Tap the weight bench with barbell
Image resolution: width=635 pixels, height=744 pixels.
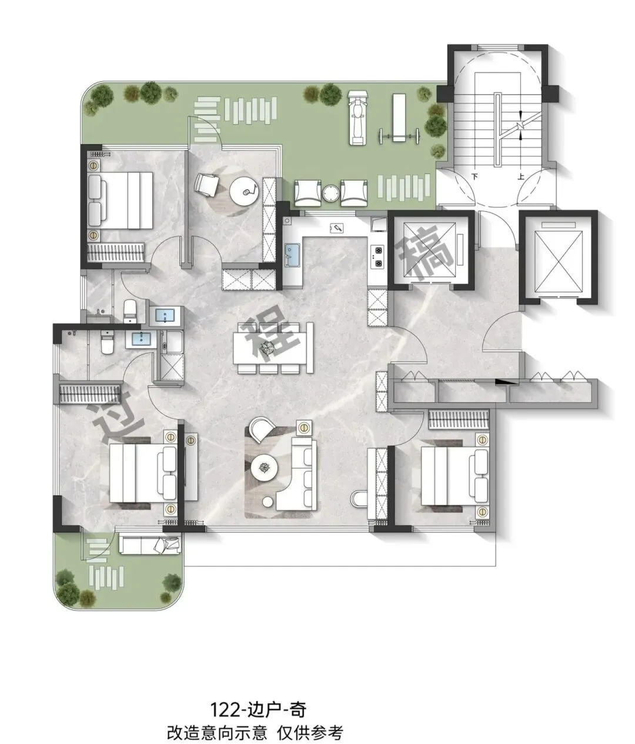pyautogui.click(x=398, y=122)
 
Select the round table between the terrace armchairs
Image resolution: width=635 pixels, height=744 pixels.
pyautogui.click(x=330, y=193)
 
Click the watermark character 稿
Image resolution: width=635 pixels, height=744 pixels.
pyautogui.click(x=426, y=252)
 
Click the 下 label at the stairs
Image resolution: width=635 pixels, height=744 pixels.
pyautogui.click(x=475, y=176)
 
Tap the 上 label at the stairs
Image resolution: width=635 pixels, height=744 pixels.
pyautogui.click(x=521, y=176)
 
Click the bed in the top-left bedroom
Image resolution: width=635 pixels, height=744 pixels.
pyautogui.click(x=120, y=200)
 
